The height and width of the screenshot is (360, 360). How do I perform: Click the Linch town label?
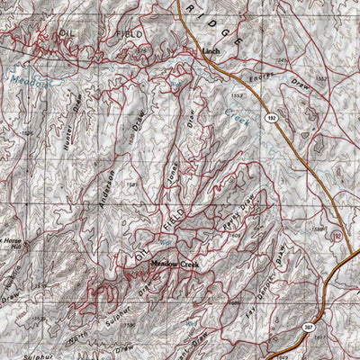point(211,52)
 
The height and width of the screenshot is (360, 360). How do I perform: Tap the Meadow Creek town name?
point(174,264)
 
